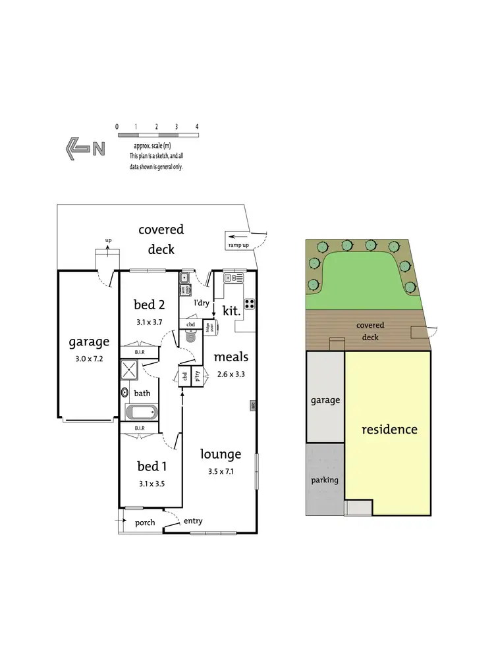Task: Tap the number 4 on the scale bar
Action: pyautogui.click(x=196, y=126)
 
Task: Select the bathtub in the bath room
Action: pyautogui.click(x=142, y=413)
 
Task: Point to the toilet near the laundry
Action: pyautogui.click(x=191, y=337)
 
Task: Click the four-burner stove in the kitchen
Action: pyautogui.click(x=250, y=303)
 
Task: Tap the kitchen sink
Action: pyautogui.click(x=233, y=278)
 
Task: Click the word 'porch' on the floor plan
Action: pyautogui.click(x=144, y=523)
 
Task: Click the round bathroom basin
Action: pyautogui.click(x=124, y=393)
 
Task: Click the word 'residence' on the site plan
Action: pyautogui.click(x=389, y=430)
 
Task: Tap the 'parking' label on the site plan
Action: pyautogui.click(x=325, y=480)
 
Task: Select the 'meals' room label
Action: pyautogui.click(x=231, y=357)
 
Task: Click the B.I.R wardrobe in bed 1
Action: pyautogui.click(x=140, y=428)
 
